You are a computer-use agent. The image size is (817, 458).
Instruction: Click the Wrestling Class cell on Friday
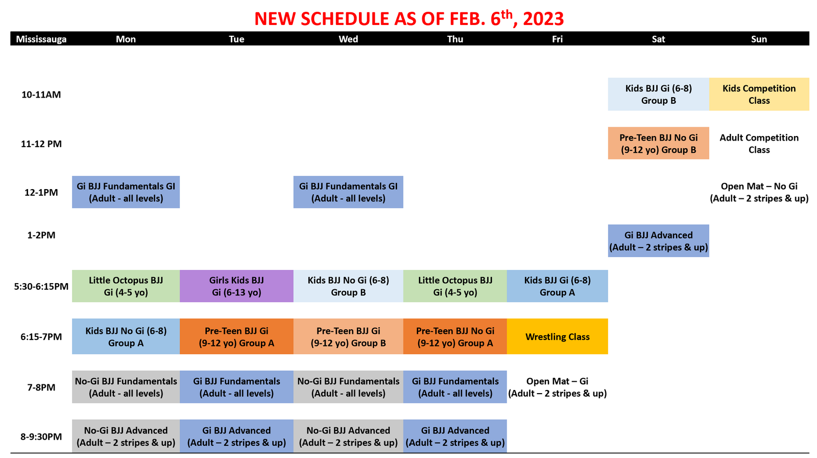(557, 336)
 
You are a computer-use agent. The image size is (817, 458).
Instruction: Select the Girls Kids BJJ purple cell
(236, 286)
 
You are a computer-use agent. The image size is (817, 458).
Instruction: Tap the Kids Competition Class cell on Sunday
(759, 94)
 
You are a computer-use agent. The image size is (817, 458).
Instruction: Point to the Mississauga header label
(41, 39)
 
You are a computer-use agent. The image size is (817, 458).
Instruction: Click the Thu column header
(455, 39)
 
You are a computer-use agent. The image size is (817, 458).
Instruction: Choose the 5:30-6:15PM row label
(41, 286)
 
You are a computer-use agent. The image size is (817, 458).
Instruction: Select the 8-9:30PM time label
(41, 437)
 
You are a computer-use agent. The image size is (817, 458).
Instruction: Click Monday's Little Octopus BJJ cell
(126, 286)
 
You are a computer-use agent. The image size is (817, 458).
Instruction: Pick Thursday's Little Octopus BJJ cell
(455, 286)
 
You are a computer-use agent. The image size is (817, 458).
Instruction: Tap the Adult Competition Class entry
(759, 144)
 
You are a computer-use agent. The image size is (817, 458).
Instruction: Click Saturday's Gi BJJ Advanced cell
(658, 241)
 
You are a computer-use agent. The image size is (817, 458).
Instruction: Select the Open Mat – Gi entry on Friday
(557, 387)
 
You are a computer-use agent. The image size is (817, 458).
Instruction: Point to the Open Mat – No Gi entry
(759, 192)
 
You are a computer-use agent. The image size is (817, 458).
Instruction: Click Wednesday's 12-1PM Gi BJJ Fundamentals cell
(348, 192)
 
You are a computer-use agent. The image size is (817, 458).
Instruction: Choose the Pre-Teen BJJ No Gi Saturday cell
(658, 143)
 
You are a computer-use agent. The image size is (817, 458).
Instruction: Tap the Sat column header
(658, 39)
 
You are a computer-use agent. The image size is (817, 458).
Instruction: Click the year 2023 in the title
(543, 18)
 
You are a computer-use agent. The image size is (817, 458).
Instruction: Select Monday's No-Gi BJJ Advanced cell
(126, 436)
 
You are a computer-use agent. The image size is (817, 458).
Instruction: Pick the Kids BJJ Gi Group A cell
(557, 286)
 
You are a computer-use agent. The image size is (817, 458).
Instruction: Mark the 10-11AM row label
(41, 95)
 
